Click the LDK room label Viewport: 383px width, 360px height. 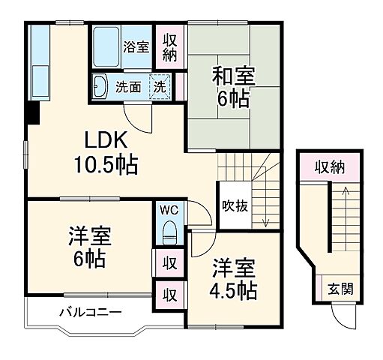tap(107, 139)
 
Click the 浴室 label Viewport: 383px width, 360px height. tap(136, 46)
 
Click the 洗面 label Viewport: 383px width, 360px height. tap(127, 86)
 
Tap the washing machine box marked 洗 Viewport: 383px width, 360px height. tap(159, 86)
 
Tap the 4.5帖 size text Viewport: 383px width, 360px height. tap(235, 289)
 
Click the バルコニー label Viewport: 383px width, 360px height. tap(91, 312)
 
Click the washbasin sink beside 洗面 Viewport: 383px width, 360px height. tap(100, 86)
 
